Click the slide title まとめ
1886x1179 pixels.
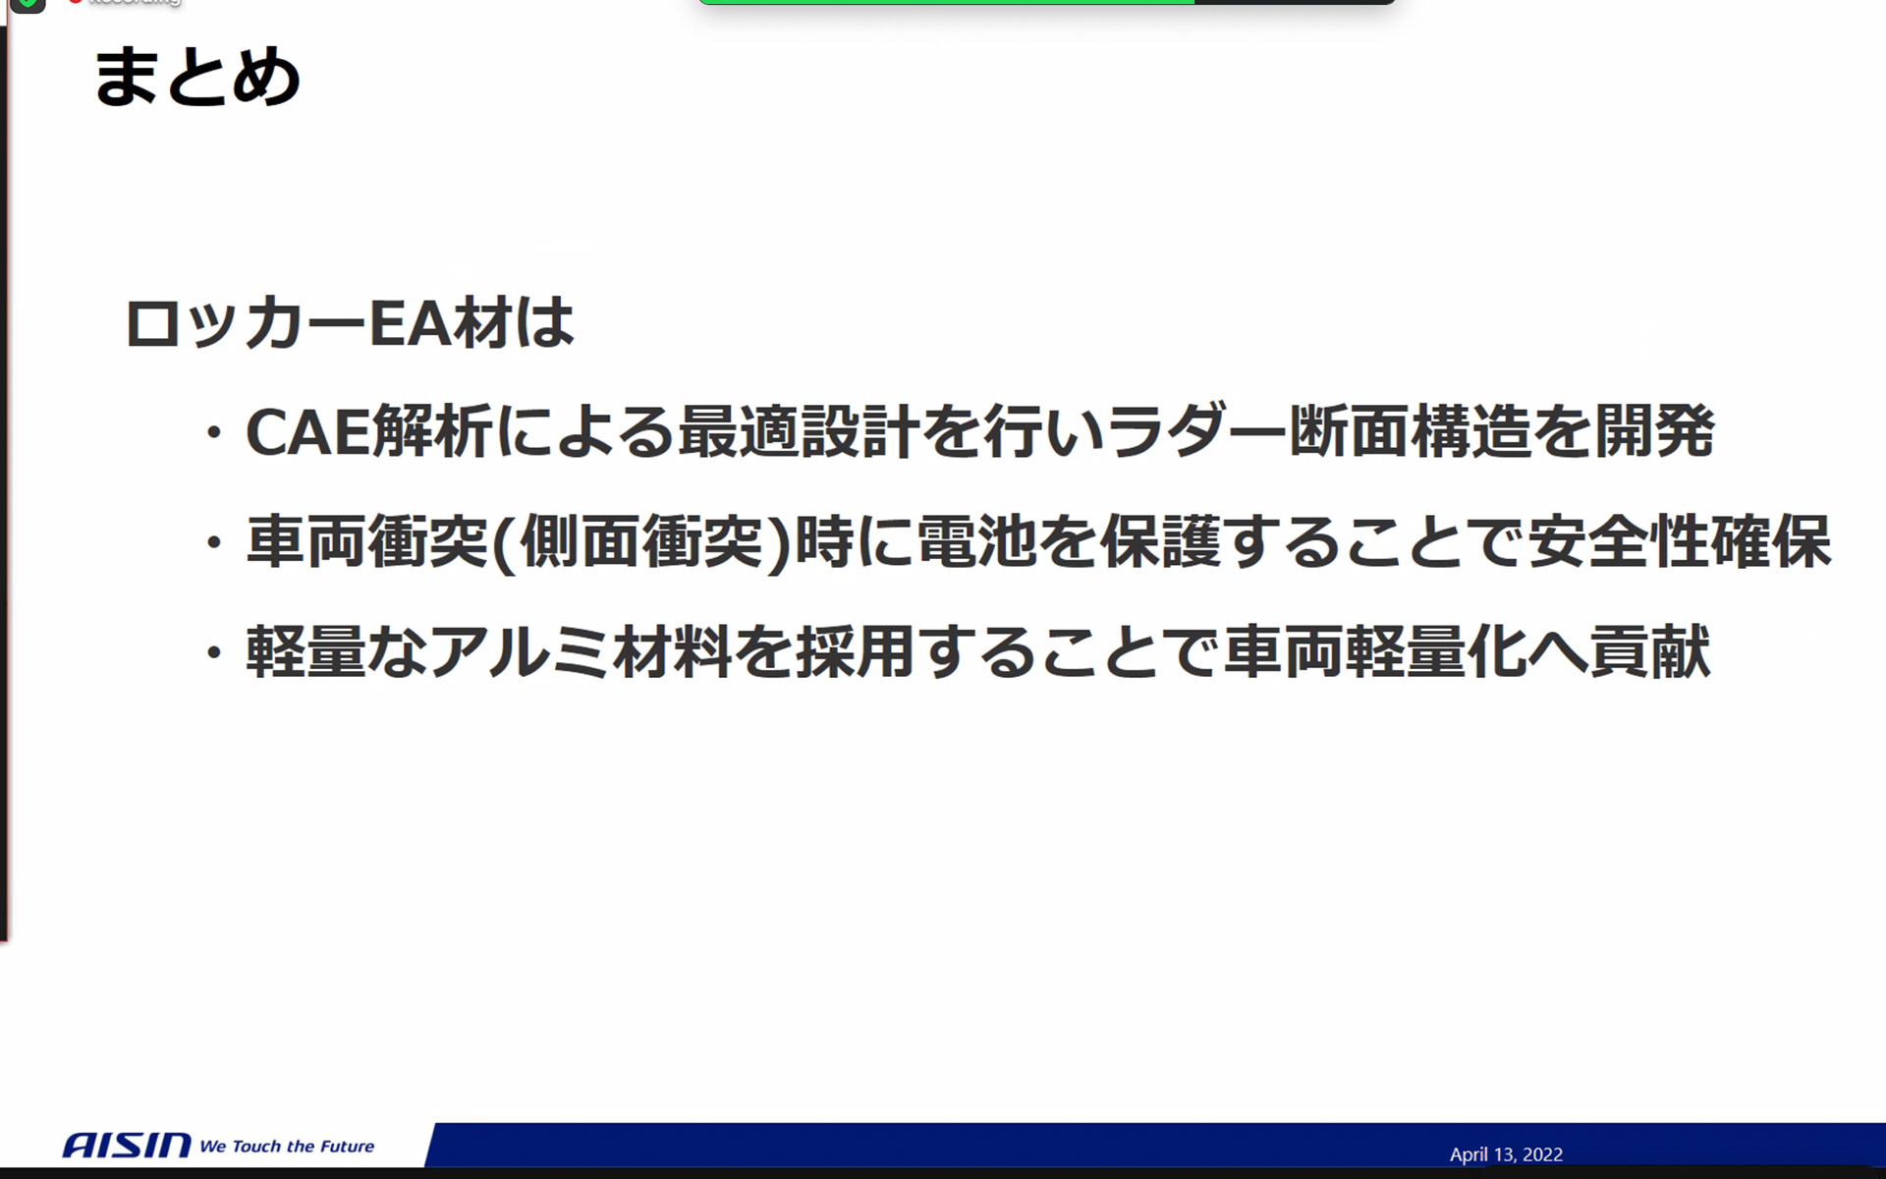(196, 77)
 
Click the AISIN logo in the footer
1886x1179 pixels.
(127, 1145)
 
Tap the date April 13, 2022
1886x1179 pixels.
(1505, 1154)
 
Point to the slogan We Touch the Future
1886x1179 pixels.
(287, 1146)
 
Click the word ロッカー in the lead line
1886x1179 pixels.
(246, 323)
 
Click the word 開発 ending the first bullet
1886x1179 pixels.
(1654, 432)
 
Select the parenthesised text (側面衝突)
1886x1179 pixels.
(641, 542)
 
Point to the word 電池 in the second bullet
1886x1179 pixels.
(976, 542)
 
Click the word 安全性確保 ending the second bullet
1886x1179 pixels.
(1679, 542)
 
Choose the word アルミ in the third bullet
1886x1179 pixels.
(521, 651)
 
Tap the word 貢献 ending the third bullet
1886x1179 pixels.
(1650, 651)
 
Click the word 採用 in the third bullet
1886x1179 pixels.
(856, 651)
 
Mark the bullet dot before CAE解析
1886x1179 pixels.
(213, 433)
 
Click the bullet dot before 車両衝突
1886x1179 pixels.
(213, 543)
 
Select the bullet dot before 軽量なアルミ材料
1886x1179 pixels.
(213, 652)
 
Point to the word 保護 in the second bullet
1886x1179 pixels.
(1159, 542)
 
